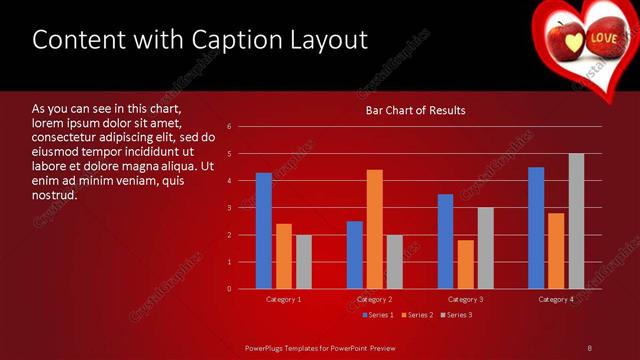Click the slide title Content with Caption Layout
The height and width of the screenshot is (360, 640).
200,40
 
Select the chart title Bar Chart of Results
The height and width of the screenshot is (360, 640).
415,110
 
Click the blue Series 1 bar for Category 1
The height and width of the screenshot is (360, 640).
264,231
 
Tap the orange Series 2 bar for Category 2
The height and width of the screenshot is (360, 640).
374,229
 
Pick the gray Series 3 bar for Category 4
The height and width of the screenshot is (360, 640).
576,221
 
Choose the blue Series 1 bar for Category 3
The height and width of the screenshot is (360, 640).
445,241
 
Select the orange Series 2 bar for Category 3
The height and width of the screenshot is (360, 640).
465,264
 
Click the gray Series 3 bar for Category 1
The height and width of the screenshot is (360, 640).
304,262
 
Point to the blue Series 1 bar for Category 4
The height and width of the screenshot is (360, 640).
536,228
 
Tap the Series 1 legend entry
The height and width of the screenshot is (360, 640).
376,315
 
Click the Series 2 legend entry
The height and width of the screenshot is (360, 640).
415,315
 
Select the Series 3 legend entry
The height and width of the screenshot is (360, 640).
455,315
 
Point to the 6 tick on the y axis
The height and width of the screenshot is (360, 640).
230,127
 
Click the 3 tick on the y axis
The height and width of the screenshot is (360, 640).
230,208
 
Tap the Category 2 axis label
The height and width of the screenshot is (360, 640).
374,299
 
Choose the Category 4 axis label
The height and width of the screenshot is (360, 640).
556,299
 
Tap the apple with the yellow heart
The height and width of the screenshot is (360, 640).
566,39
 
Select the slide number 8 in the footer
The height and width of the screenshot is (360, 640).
590,347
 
